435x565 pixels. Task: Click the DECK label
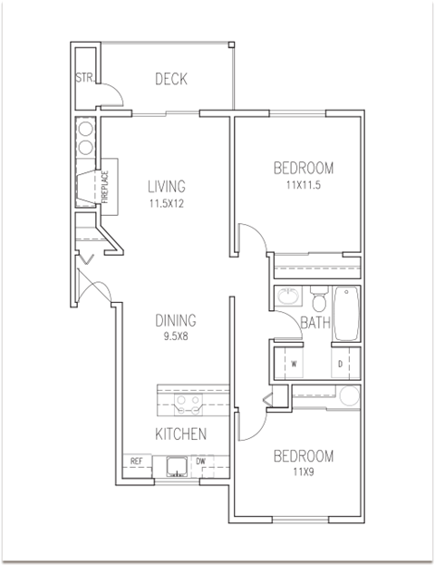[x=170, y=80]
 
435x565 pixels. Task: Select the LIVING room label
[x=167, y=187]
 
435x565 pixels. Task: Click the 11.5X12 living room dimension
[x=167, y=204]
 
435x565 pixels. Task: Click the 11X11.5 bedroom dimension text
[x=304, y=184]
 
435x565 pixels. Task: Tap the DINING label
[x=176, y=321]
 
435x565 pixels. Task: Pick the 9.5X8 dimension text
[x=176, y=337]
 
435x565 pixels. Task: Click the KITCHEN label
[x=180, y=433]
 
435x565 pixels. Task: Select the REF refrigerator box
[x=137, y=462]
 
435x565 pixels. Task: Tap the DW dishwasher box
[x=201, y=462]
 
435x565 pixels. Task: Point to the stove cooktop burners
[x=191, y=401]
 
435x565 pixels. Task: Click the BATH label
[x=314, y=322]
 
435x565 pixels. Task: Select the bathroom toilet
[x=318, y=298]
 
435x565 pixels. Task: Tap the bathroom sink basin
[x=288, y=297]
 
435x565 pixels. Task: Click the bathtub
[x=347, y=314]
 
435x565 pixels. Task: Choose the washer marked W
[x=294, y=363]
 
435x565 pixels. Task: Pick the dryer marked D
[x=340, y=363]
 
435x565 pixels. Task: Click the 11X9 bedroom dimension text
[x=304, y=472]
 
